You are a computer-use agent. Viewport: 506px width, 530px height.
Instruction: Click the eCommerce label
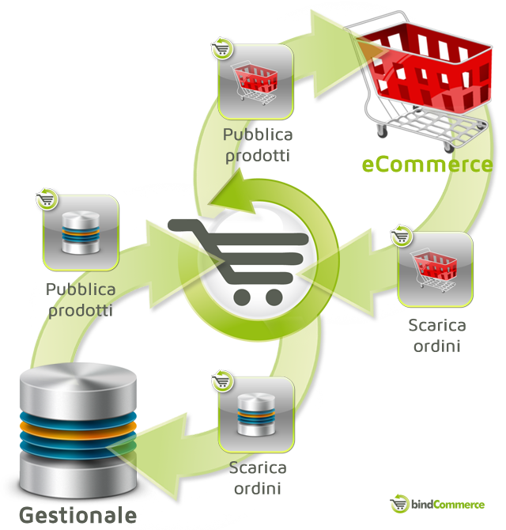coord(427,165)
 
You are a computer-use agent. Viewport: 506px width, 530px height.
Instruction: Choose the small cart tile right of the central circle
coord(435,269)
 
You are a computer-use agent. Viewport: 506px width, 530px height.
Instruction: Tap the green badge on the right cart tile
coord(402,234)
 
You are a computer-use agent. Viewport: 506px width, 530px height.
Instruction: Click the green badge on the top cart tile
coord(222,47)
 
